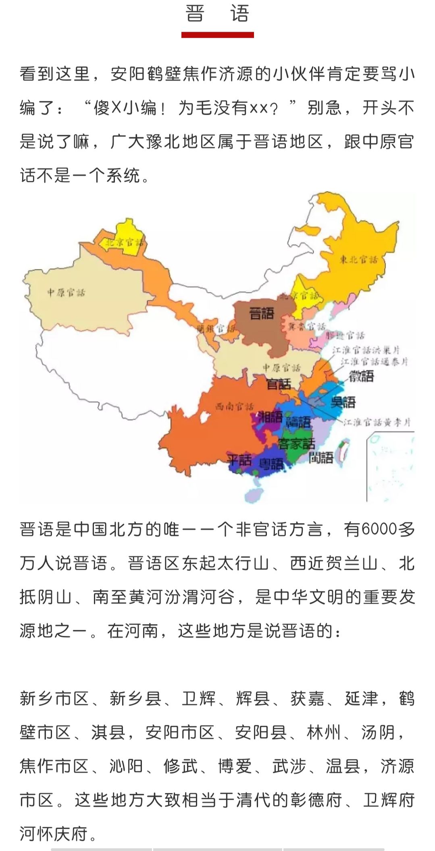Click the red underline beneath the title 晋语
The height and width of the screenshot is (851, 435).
click(217, 35)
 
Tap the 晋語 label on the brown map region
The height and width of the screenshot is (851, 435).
click(261, 313)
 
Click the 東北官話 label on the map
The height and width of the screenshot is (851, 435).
click(358, 259)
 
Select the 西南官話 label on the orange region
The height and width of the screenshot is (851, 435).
click(234, 406)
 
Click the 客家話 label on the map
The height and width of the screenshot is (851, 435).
click(296, 443)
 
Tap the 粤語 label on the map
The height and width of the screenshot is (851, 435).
click(271, 464)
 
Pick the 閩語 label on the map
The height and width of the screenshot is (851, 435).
click(321, 458)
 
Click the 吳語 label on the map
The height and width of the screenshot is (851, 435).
click(343, 402)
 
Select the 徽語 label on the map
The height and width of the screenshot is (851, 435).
click(361, 376)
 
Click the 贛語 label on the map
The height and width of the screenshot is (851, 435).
click(298, 422)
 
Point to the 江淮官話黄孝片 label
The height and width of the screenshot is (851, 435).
click(377, 422)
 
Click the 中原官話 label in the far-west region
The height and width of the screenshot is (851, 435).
click(66, 293)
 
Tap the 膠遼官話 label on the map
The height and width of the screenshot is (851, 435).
click(345, 335)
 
